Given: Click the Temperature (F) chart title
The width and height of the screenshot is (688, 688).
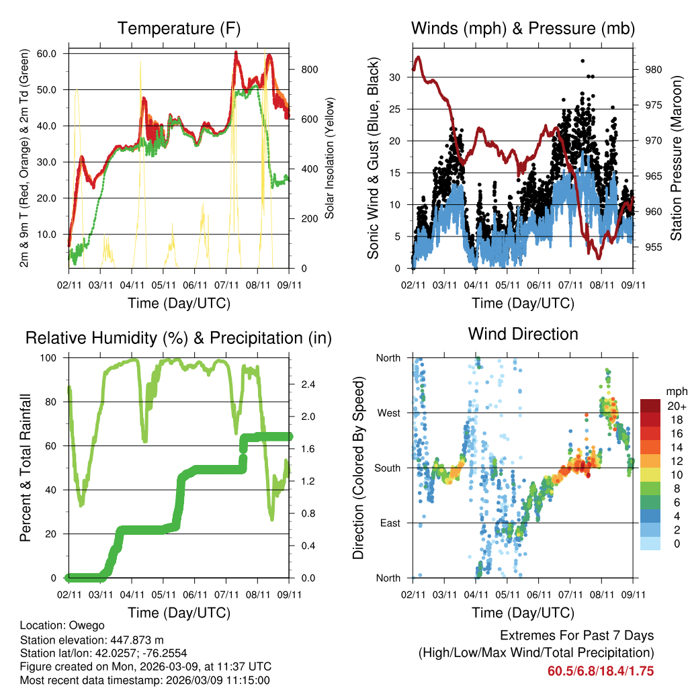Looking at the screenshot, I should click(179, 28).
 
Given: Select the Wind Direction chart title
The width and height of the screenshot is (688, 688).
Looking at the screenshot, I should click(523, 333).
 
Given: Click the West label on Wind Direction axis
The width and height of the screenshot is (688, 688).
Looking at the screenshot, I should click(388, 413).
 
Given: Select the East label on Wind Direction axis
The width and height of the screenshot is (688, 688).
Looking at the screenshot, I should click(389, 523).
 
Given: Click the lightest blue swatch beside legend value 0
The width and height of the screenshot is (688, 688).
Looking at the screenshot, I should click(650, 544).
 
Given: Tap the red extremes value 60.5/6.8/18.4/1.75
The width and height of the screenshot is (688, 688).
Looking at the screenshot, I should click(601, 671).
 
